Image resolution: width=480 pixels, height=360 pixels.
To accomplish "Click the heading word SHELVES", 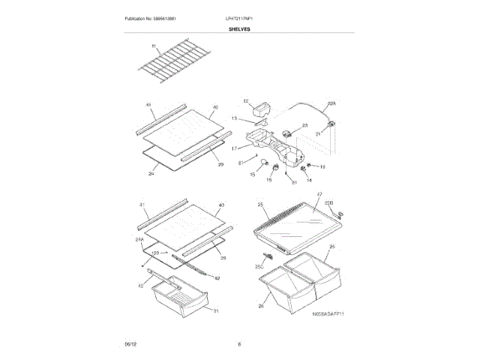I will pos(240,29).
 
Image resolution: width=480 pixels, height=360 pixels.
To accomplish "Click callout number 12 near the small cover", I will pos(245,100).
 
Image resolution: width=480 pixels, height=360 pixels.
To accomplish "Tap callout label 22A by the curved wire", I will pos(332,104).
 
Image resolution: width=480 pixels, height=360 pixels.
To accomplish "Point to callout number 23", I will pos(305,126).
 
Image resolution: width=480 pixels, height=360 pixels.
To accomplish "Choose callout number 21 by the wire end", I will pos(318,134).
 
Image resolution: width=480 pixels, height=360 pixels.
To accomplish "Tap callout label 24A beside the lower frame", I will pos(139,239).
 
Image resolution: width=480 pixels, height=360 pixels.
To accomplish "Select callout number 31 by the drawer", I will pos(216,311).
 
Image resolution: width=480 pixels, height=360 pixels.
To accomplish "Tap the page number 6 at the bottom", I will pos(239,344).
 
